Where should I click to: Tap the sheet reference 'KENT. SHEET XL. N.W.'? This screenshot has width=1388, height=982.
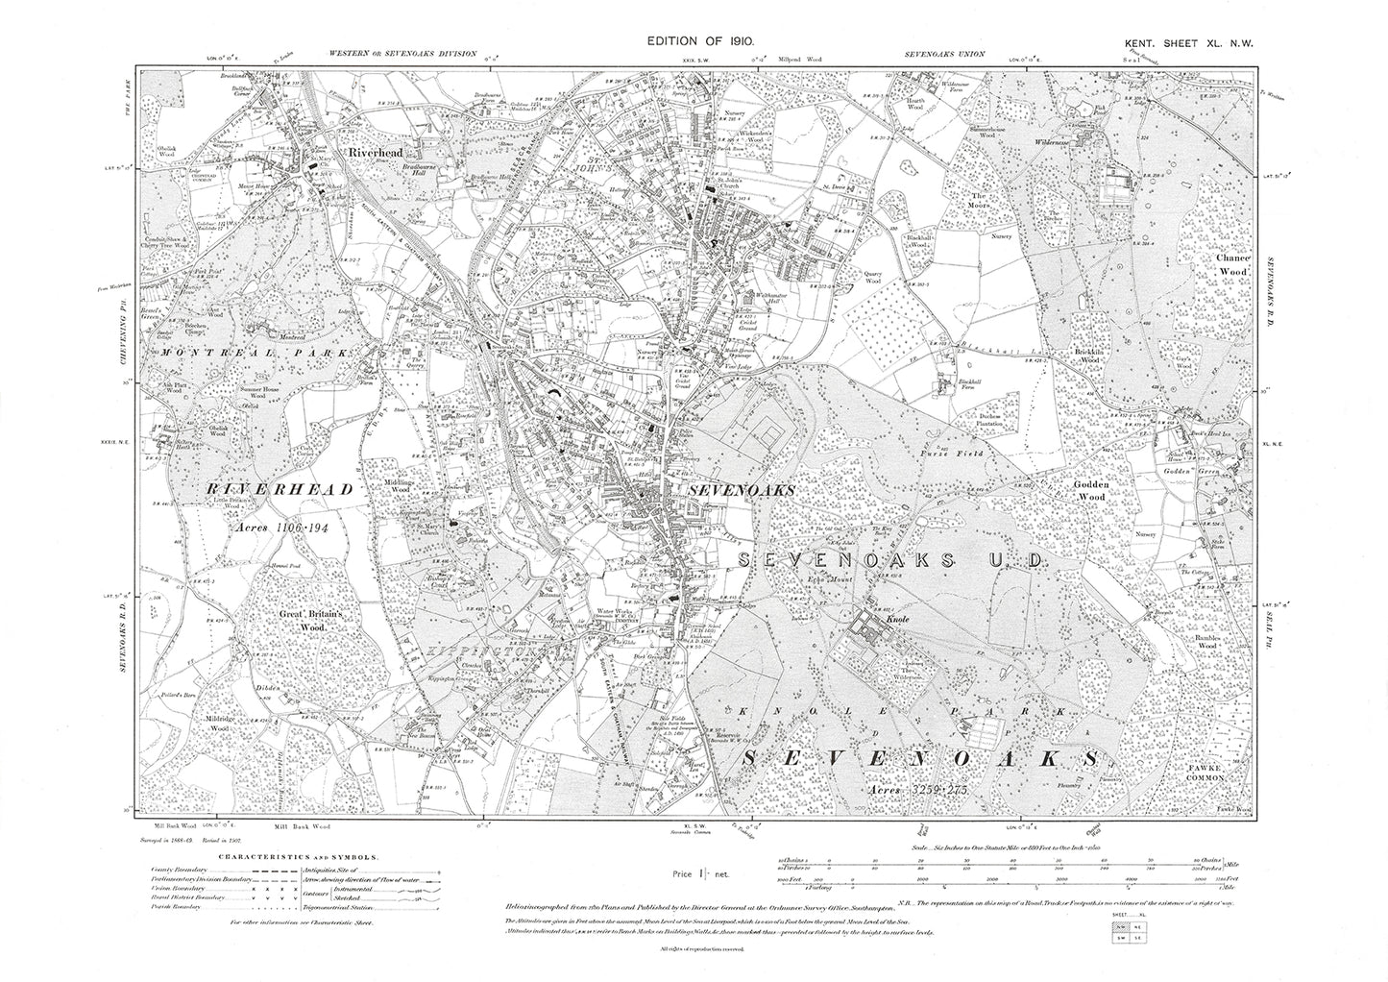pos(1189,42)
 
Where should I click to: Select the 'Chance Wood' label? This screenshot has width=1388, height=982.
pos(1232,266)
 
